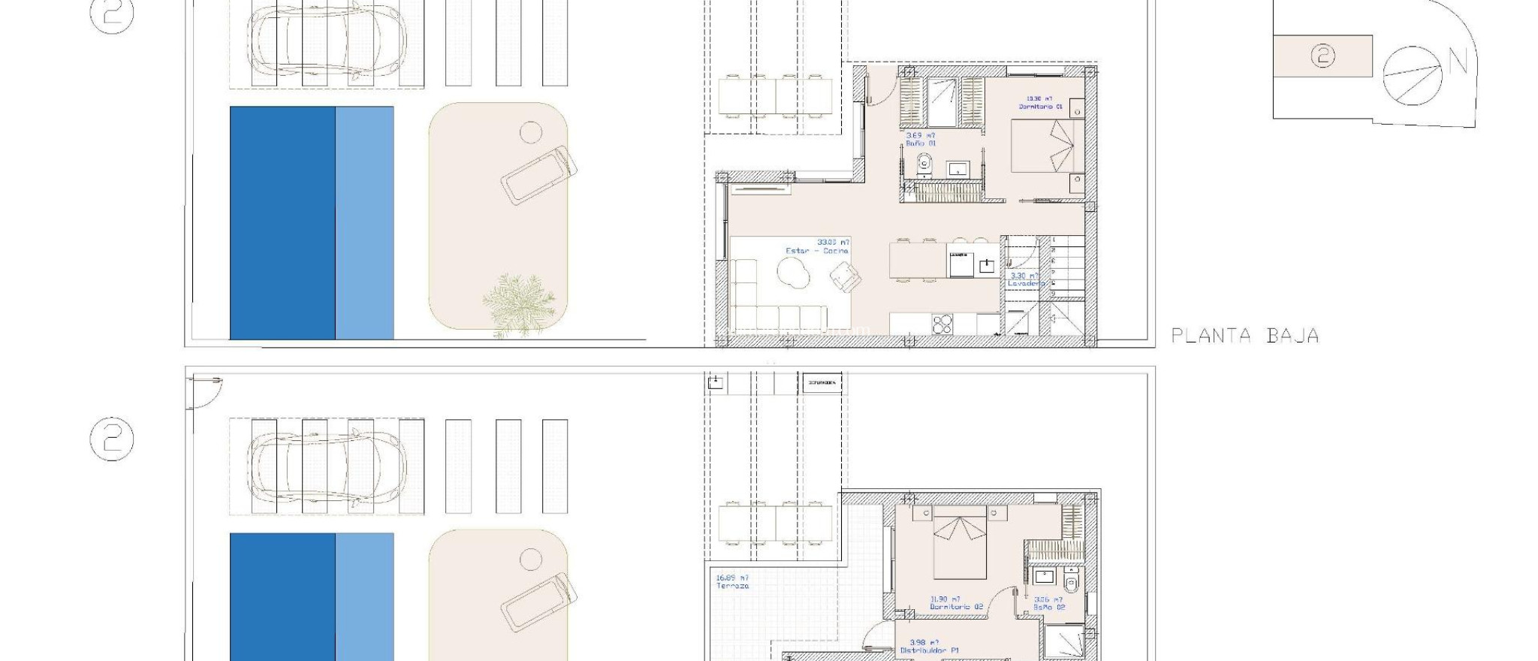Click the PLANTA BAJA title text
[1245, 336]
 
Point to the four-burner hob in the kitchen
[942, 324]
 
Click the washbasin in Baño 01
[959, 168]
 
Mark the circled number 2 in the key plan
[1323, 56]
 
